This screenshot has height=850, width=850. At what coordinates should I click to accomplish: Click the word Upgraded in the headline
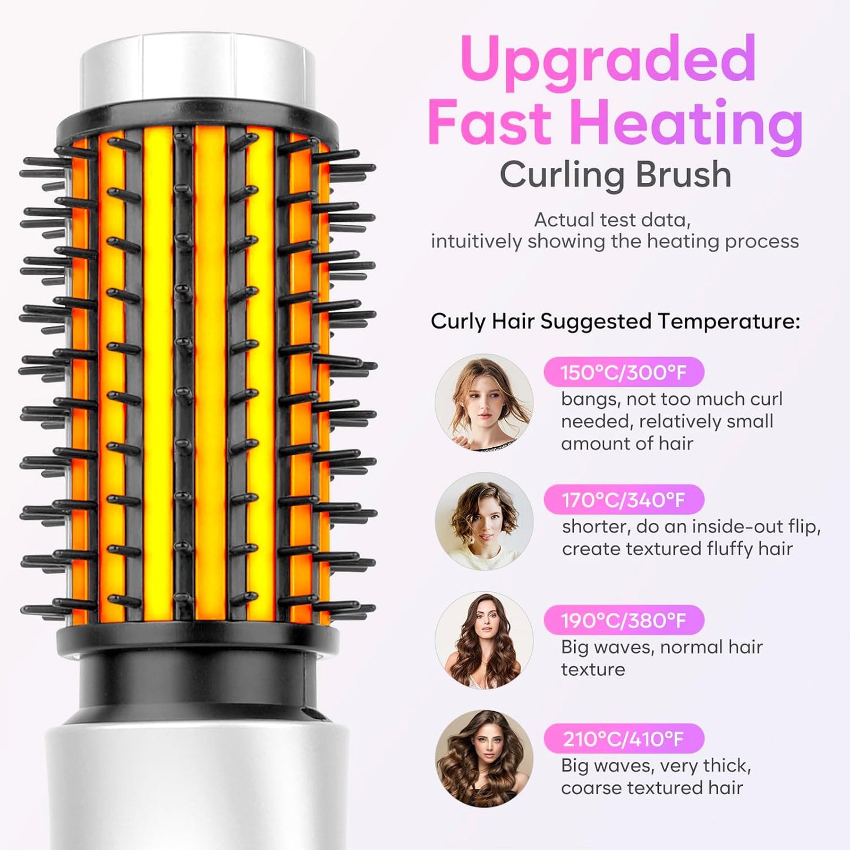pos(608,61)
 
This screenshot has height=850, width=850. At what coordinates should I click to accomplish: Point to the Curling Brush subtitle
pos(615,175)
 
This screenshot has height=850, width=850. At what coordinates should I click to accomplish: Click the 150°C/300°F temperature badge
pos(624,372)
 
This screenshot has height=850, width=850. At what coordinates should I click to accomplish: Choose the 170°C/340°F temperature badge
pos(624,500)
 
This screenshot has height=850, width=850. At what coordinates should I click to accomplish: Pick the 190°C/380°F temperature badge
pos(624,621)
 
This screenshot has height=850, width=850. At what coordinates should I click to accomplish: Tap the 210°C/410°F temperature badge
pos(624,739)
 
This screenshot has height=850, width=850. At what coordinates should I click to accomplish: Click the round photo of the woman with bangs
pos(484,403)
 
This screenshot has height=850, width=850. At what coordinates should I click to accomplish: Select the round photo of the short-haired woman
pos(484,522)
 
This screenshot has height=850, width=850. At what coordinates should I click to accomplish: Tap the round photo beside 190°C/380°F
pos(484,640)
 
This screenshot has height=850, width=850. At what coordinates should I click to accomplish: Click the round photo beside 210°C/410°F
pos(484,759)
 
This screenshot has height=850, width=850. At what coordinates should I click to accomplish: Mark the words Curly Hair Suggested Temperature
pos(615,322)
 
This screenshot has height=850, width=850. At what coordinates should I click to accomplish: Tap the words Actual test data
pos(612,220)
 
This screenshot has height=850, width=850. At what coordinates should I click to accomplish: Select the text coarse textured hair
pos(652,788)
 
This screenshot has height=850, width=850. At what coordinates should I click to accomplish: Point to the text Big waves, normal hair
pos(662,647)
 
